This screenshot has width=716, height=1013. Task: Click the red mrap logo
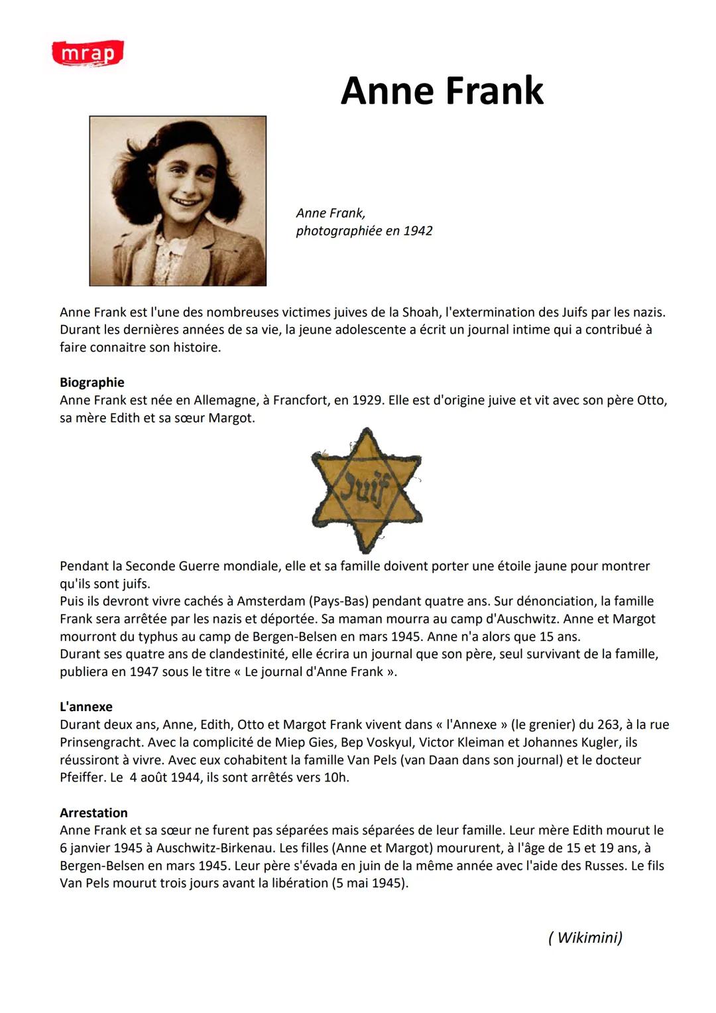(x=88, y=53)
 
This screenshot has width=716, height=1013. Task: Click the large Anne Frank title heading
(x=442, y=91)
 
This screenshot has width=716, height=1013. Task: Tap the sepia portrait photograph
(x=178, y=201)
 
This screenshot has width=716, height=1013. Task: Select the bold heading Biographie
(x=92, y=382)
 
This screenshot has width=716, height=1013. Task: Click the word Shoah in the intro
(x=420, y=312)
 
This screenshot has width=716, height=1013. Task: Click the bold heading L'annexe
(x=86, y=707)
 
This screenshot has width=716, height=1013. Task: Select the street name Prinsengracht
(x=101, y=742)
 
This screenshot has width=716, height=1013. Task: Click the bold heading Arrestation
(x=93, y=813)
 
